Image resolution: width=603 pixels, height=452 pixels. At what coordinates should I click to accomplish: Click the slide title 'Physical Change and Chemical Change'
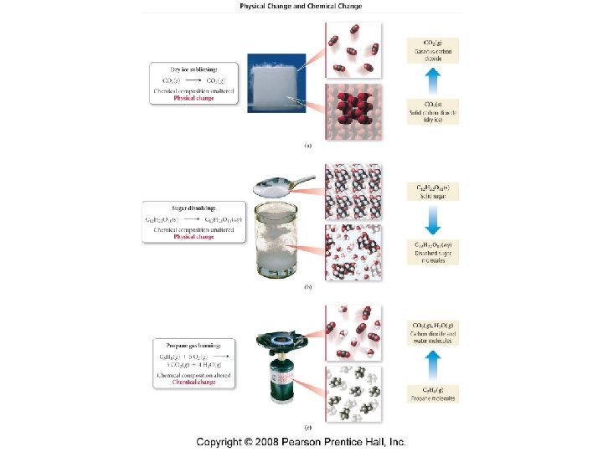(x=301, y=5)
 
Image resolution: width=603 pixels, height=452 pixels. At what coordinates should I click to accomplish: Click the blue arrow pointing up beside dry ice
(x=432, y=84)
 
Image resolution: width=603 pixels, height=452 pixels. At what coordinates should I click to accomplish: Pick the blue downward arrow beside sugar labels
(x=432, y=220)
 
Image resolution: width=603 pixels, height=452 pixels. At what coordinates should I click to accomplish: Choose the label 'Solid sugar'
(x=432, y=195)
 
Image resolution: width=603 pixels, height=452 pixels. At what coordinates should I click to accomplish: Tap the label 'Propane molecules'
(x=432, y=398)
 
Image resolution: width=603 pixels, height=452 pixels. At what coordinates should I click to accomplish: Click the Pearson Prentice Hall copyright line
(x=301, y=440)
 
